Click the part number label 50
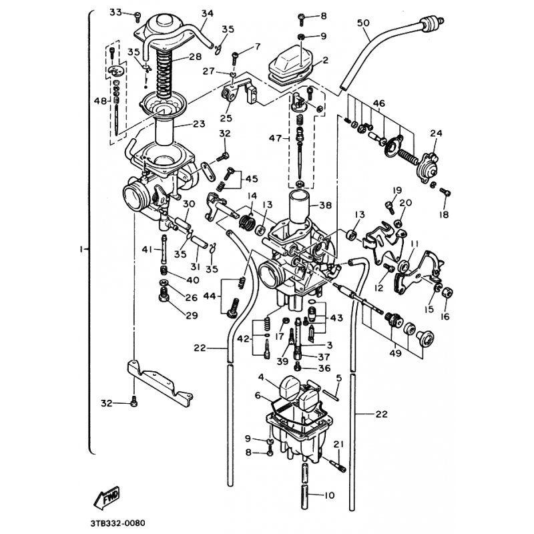(363, 23)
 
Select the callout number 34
(188, 13)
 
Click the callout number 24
(437, 133)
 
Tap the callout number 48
(100, 100)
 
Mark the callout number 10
(328, 495)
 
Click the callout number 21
(338, 445)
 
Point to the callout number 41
(147, 250)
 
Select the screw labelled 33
(136, 13)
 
